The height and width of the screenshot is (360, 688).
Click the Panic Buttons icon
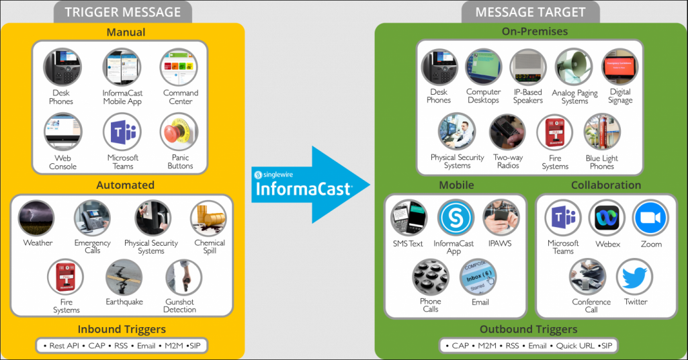click(179, 132)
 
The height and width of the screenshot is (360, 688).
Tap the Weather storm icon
click(37, 218)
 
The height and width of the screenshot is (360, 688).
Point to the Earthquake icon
click(124, 278)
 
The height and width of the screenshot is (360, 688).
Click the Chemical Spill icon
click(209, 218)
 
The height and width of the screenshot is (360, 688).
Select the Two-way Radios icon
click(507, 132)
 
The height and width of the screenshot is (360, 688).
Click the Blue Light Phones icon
click(602, 132)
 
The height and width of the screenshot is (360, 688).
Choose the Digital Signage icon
click(620, 67)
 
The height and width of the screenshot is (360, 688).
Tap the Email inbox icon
click(477, 278)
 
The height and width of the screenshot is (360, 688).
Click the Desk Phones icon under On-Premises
click(439, 67)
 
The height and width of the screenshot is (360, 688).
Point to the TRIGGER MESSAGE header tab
click(124, 12)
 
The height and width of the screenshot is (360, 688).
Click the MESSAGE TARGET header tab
click(530, 12)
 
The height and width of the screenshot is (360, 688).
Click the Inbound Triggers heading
click(122, 329)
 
